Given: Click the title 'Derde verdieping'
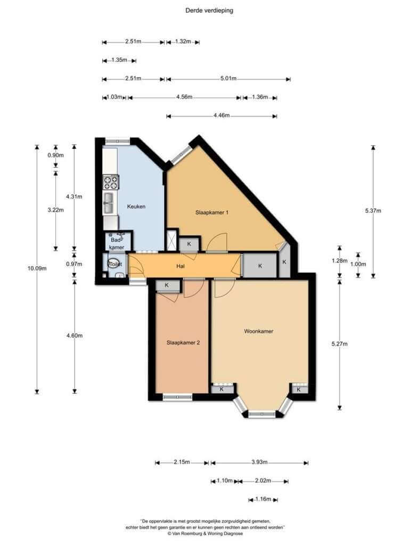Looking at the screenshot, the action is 209,11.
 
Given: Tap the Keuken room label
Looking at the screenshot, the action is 136,207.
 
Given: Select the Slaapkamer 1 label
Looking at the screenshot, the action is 212,212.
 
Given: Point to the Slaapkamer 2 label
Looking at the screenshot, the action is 183,342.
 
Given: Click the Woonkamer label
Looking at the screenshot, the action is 258,331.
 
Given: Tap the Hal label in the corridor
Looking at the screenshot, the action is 180,266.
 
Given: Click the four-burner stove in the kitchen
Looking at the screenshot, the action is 111,182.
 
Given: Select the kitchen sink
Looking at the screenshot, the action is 109,203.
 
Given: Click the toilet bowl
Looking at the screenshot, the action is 114,264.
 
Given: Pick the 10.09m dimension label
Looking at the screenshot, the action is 37,268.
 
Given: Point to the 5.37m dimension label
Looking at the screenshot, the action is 373,211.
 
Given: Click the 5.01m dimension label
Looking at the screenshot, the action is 228,79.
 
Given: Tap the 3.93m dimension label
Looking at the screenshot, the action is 259,463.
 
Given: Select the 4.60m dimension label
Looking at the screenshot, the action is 75,335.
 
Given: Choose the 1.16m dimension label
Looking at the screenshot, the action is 263,499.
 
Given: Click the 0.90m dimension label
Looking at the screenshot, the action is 55,155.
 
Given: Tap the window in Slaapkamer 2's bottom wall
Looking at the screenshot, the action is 177,397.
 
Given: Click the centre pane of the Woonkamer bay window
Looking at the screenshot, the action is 262,414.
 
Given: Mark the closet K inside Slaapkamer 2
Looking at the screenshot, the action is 167,285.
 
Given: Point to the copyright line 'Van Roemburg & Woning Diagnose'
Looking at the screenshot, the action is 205,533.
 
